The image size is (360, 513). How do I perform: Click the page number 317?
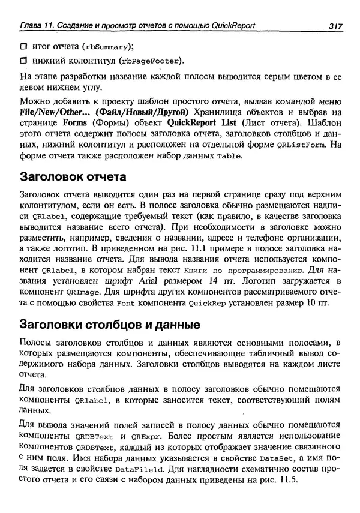335,25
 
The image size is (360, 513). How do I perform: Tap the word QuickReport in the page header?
231,25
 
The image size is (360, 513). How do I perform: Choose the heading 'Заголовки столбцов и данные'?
110,326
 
